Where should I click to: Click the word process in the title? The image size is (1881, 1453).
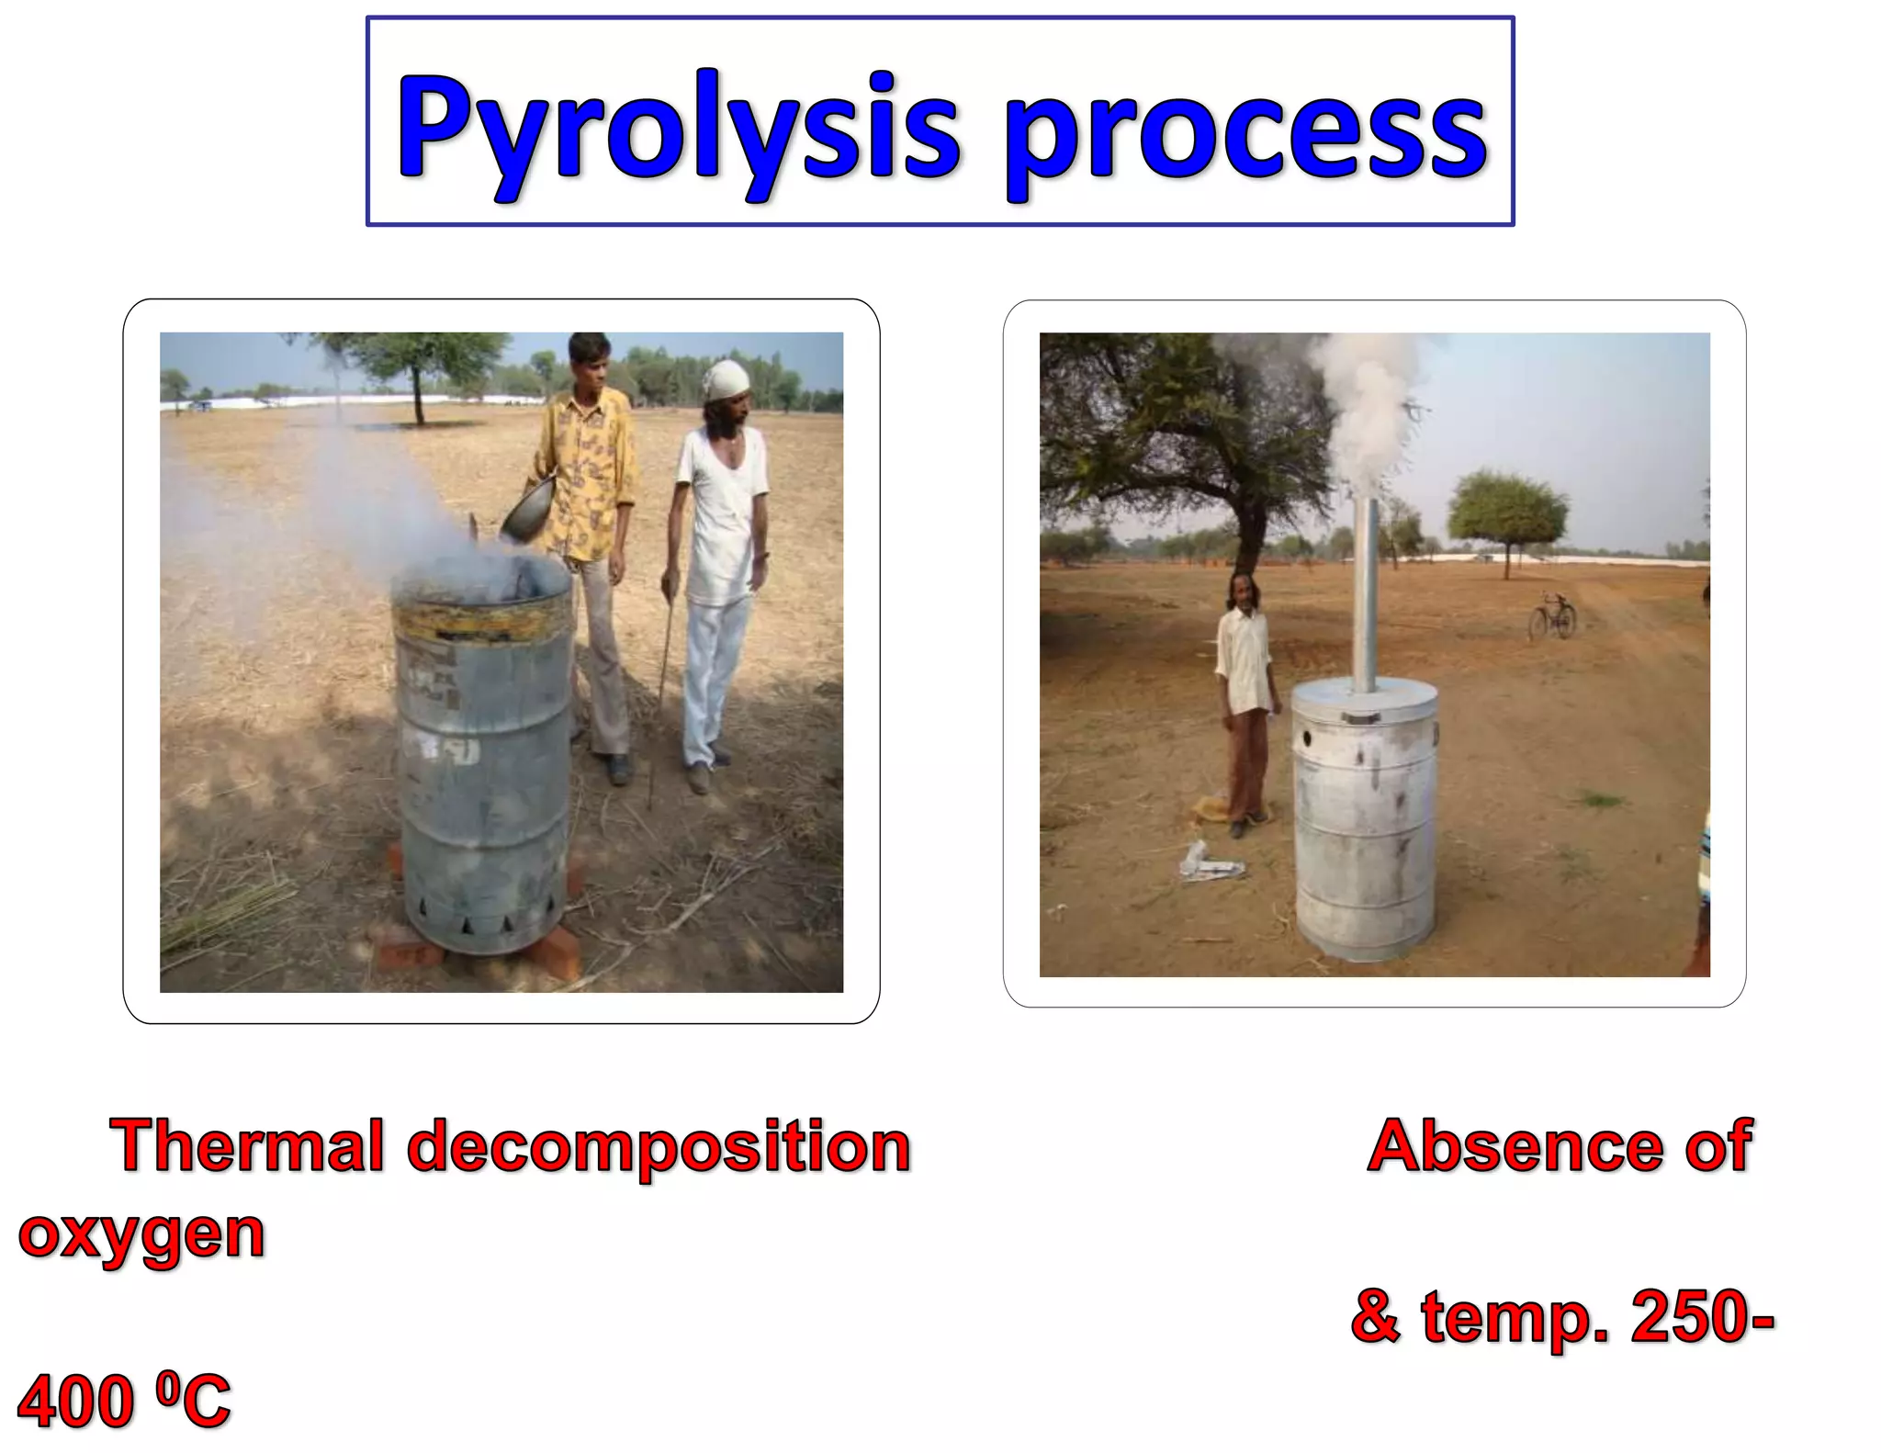click(1245, 133)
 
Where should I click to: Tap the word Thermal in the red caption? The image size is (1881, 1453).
click(246, 1146)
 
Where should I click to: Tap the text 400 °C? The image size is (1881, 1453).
click(124, 1402)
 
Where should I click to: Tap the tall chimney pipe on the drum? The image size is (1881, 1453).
click(1367, 597)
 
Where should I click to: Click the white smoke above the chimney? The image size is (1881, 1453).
click(1367, 404)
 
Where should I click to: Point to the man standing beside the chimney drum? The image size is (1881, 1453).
click(1245, 698)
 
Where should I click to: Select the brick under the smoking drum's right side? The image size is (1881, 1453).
click(553, 951)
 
